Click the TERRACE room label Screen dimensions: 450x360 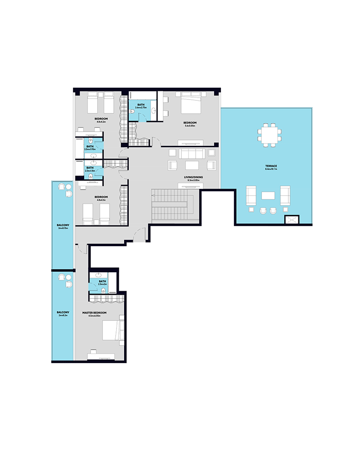pyautogui.click(x=271, y=166)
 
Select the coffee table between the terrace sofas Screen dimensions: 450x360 pyautogui.click(x=269, y=195)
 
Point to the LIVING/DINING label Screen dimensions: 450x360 pyautogui.click(x=193, y=177)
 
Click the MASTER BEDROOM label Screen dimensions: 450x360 pyautogui.click(x=94, y=312)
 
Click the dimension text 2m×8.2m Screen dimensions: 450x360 pyautogui.click(x=63, y=315)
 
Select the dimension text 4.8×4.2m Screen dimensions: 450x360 pyautogui.click(x=100, y=121)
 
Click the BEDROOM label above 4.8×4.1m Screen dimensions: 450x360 pyautogui.click(x=100, y=197)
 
